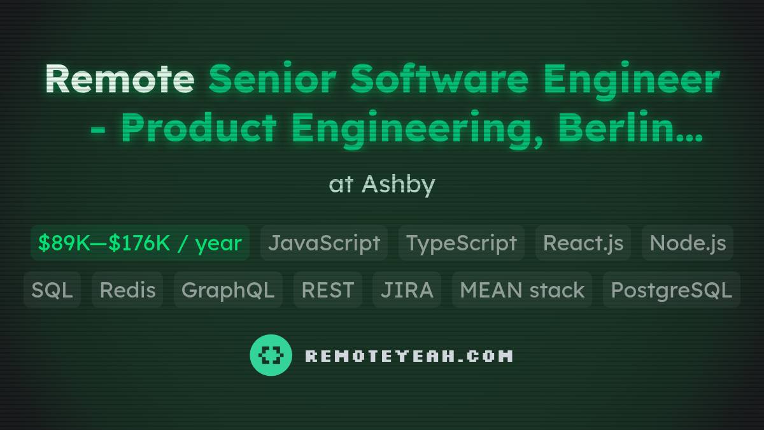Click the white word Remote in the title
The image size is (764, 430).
[119, 80]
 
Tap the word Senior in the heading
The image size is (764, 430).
[273, 80]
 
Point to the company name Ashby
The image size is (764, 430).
[399, 185]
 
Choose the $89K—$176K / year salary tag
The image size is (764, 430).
[140, 243]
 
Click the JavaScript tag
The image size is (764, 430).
[324, 243]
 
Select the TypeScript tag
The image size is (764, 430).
[462, 243]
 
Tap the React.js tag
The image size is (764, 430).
[583, 243]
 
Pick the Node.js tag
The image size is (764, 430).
[688, 243]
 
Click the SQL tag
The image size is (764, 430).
[52, 290]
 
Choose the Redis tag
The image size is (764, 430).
[127, 290]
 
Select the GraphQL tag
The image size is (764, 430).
[228, 290]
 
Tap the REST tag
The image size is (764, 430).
[328, 290]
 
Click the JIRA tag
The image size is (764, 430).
[407, 290]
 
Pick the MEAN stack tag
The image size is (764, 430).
[522, 290]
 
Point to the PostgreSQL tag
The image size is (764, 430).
[672, 290]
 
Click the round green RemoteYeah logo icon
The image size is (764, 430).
[271, 355]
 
